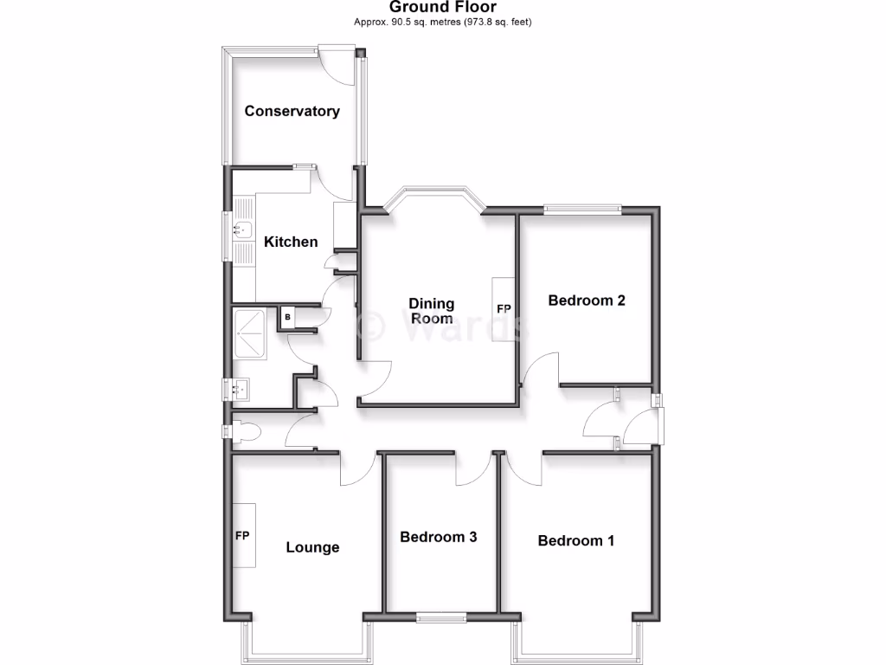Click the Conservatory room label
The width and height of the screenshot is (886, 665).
click(292, 111)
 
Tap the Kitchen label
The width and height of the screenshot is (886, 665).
click(291, 242)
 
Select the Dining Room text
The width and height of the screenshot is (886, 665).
click(431, 311)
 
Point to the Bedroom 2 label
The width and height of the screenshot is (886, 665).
click(587, 301)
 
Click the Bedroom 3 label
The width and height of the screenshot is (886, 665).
click(438, 537)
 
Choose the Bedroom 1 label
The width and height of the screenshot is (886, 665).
click(576, 540)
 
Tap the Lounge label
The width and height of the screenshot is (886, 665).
click(312, 547)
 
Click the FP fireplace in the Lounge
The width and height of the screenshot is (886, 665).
click(243, 535)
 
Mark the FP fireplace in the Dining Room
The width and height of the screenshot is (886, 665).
click(504, 309)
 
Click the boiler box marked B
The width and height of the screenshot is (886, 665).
click(287, 318)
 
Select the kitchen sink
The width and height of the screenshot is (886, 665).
click(241, 230)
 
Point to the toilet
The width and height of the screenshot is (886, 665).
click(246, 430)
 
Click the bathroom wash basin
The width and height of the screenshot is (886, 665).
click(240, 390)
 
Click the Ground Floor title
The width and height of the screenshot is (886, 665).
click(442, 8)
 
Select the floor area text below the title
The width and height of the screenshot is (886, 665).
click(442, 22)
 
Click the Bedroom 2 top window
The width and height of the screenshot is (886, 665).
click(582, 208)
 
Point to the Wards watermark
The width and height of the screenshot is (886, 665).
click(441, 326)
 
